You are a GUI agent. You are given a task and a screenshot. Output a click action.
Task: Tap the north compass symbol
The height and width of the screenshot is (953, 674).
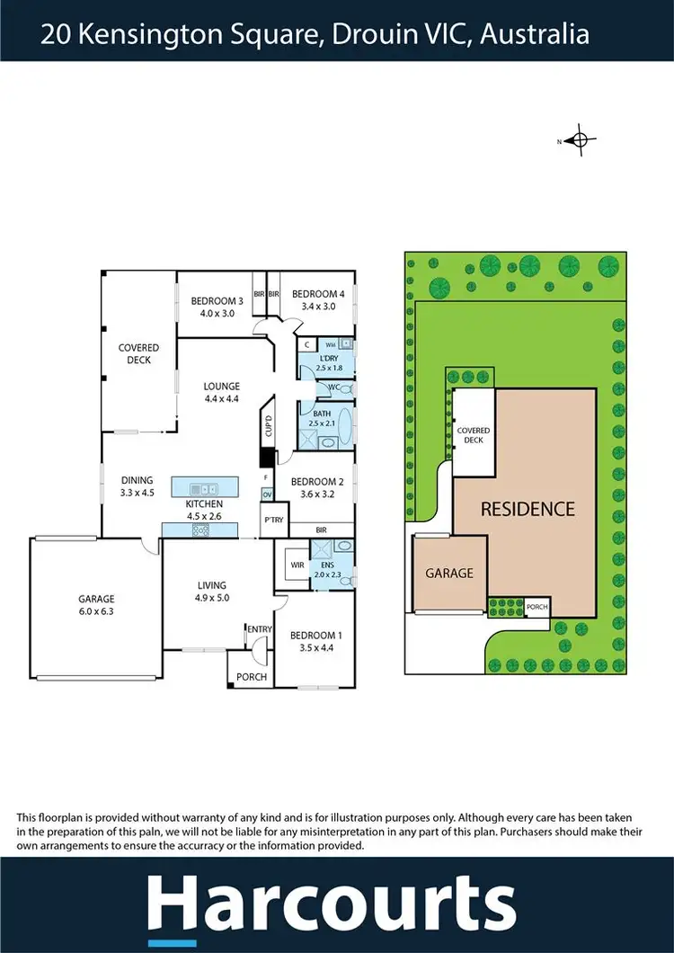pyautogui.click(x=580, y=140)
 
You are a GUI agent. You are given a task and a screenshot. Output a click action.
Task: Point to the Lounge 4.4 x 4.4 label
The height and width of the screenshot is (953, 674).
pyautogui.click(x=221, y=393)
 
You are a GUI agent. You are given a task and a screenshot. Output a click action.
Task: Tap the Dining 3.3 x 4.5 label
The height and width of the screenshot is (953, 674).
pyautogui.click(x=137, y=486)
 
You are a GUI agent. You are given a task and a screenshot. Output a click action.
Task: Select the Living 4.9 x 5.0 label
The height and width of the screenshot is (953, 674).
pyautogui.click(x=212, y=591)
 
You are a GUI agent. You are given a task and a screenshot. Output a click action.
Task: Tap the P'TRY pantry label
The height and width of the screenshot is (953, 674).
pyautogui.click(x=271, y=520)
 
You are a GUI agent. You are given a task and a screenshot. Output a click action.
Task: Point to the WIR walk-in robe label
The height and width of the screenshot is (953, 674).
pyautogui.click(x=296, y=566)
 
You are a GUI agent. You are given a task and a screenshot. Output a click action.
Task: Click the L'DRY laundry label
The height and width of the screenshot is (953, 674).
pyautogui.click(x=331, y=361)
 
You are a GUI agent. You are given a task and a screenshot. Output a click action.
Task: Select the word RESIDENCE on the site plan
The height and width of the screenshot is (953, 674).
pyautogui.click(x=527, y=509)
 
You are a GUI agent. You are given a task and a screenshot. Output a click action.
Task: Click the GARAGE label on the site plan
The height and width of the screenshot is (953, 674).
pyautogui.click(x=448, y=573)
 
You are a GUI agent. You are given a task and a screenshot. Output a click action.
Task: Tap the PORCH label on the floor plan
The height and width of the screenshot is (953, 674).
pyautogui.click(x=251, y=677)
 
